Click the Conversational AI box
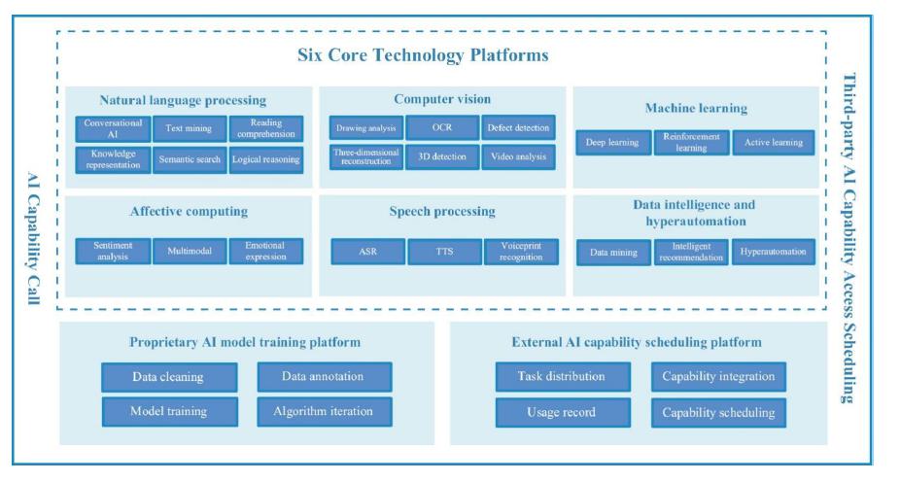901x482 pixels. pyautogui.click(x=113, y=128)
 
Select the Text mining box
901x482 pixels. pyautogui.click(x=189, y=128)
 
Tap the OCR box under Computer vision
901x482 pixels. pyautogui.click(x=442, y=128)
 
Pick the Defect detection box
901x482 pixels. pyautogui.click(x=519, y=128)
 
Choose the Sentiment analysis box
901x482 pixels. pyautogui.click(x=113, y=251)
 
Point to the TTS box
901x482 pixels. pyautogui.click(x=442, y=251)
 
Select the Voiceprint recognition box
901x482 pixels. pyautogui.click(x=519, y=251)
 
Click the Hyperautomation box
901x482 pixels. pyautogui.click(x=774, y=252)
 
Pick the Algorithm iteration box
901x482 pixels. pyautogui.click(x=325, y=411)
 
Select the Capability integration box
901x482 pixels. pyautogui.click(x=718, y=376)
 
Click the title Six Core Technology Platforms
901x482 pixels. pyautogui.click(x=423, y=55)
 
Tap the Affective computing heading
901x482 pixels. pyautogui.click(x=189, y=211)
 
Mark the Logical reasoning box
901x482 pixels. pyautogui.click(x=265, y=158)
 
